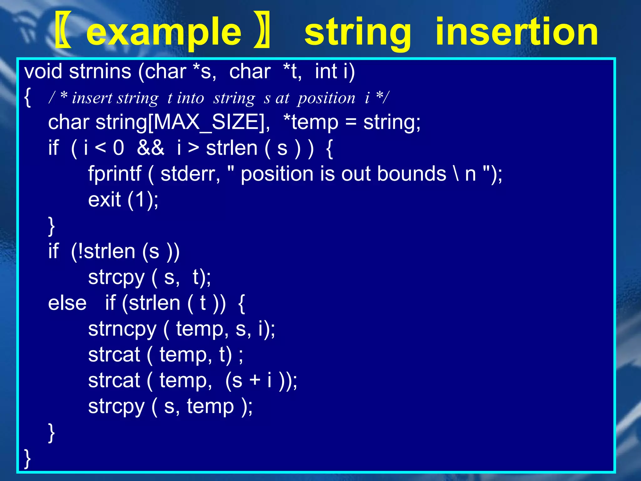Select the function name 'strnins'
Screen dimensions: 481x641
pos(100,71)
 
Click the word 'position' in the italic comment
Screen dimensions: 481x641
pos(326,98)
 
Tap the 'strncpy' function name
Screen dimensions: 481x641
pos(122,329)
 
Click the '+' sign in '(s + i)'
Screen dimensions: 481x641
pos(255,380)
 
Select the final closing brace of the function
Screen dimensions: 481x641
pos(28,458)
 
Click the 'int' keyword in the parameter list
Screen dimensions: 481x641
pos(326,71)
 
